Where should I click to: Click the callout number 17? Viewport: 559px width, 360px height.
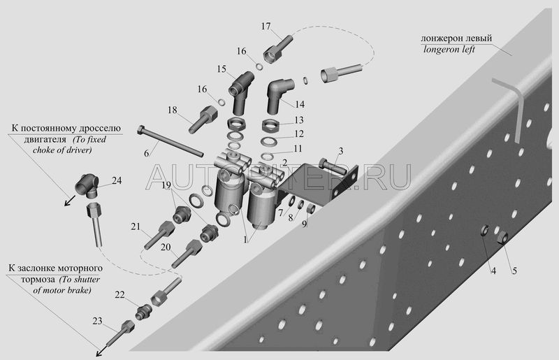pyautogui.click(x=266, y=26)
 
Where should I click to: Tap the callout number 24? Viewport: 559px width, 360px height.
pyautogui.click(x=117, y=180)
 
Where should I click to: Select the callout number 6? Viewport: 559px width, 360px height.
pyautogui.click(x=147, y=153)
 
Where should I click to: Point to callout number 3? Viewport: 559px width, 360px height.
pyautogui.click(x=341, y=151)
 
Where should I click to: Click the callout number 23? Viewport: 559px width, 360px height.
pyautogui.click(x=97, y=321)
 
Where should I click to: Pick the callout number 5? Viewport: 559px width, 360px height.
pyautogui.click(x=514, y=271)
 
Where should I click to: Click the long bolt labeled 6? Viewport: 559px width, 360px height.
pyautogui.click(x=170, y=141)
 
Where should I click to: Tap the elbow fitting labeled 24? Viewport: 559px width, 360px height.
pyautogui.click(x=88, y=185)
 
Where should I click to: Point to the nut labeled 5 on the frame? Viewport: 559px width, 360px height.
pyautogui.click(x=502, y=237)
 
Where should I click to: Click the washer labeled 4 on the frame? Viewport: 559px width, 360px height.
pyautogui.click(x=484, y=231)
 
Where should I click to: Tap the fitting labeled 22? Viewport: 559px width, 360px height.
pyautogui.click(x=144, y=312)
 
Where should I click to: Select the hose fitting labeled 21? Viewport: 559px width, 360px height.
pyautogui.click(x=159, y=235)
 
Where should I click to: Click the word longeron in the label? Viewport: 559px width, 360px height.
pyautogui.click(x=442, y=49)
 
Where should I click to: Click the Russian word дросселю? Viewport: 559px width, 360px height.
pyautogui.click(x=103, y=129)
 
